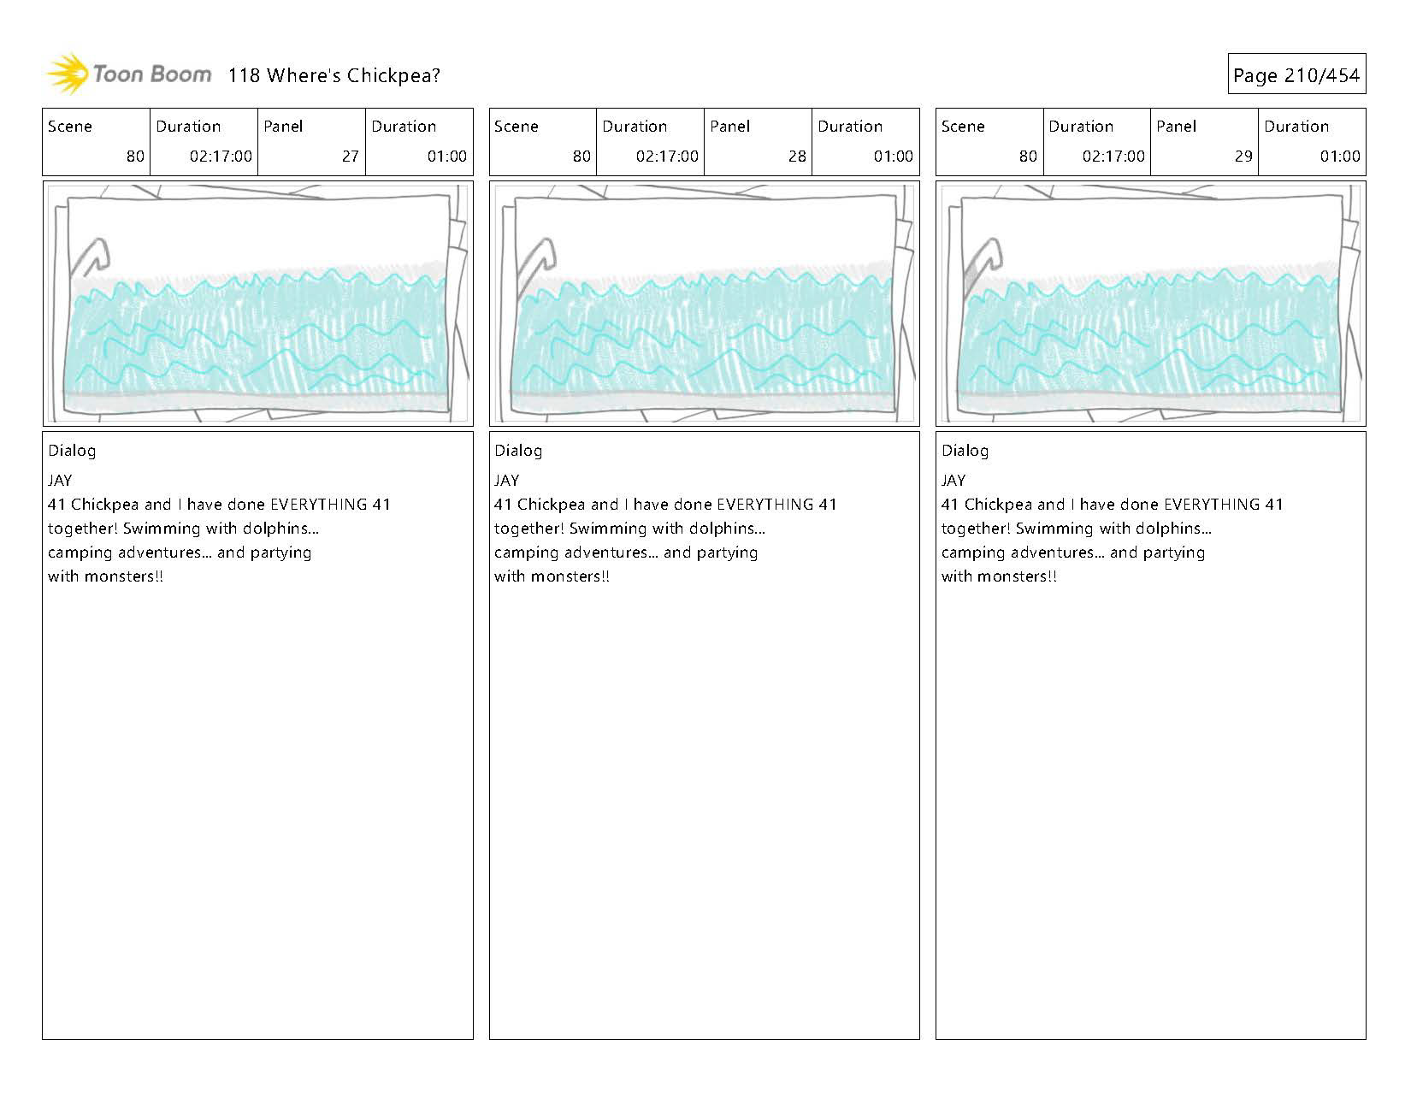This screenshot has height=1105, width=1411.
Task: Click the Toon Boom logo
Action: click(128, 74)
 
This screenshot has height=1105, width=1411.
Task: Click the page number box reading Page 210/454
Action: click(1296, 75)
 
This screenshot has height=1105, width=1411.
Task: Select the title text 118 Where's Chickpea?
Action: click(334, 75)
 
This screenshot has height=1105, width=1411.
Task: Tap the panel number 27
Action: click(350, 157)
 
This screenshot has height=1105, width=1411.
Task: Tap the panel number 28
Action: click(796, 157)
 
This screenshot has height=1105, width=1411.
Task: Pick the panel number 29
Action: click(1243, 157)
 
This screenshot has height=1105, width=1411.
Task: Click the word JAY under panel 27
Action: click(60, 481)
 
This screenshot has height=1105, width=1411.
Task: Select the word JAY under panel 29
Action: click(953, 481)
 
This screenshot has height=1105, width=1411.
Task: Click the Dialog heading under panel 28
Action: click(518, 451)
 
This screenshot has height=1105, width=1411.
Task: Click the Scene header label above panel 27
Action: click(70, 127)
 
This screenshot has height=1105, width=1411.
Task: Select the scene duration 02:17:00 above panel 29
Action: click(1113, 157)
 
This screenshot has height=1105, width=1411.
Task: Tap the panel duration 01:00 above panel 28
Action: click(893, 157)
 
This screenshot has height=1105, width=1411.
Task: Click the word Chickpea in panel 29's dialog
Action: click(997, 505)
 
